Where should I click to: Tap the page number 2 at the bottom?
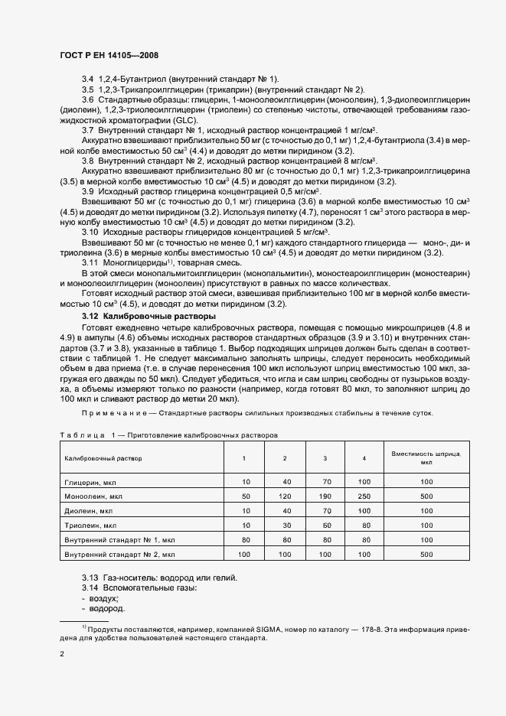coord(63,654)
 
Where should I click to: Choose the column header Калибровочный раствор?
coord(103,458)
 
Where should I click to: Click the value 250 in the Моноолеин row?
coord(364,496)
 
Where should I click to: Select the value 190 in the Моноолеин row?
coord(325,496)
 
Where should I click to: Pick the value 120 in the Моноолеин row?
coord(285,496)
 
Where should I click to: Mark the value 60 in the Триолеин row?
coord(325,525)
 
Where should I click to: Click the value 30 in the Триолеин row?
coord(285,525)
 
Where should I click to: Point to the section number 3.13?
coord(90,577)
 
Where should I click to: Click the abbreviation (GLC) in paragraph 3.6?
coord(184,121)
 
